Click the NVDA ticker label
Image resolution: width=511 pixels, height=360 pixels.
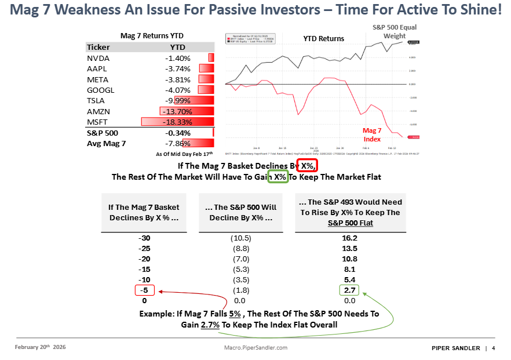pos(98,58)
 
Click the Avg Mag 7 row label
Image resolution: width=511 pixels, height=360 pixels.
pos(105,143)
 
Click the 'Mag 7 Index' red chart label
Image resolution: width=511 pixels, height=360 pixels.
pos(372,134)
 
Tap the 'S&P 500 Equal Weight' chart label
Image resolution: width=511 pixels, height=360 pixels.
pos(394,31)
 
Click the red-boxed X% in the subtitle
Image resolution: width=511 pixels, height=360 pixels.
pos(307,166)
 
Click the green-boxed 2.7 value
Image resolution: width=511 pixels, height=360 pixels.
pos(349,291)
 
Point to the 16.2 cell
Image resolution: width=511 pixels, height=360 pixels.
pos(349,238)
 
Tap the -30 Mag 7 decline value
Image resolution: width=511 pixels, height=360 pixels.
pos(143,238)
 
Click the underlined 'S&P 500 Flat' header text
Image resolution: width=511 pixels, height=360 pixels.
pos(349,223)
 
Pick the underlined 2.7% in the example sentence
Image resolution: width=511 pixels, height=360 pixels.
pos(210,325)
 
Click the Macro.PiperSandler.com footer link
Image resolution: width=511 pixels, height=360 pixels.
pos(256,348)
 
